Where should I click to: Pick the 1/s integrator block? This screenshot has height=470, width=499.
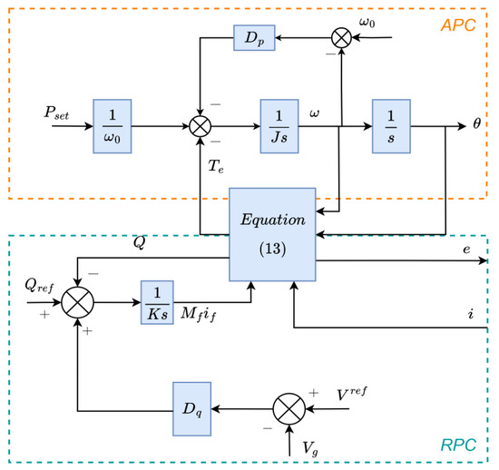coord(390,120)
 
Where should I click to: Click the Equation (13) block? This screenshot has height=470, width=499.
coord(271,235)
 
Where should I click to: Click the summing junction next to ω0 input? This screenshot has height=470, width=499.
coord(341,39)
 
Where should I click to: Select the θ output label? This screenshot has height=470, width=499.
coord(477,120)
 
